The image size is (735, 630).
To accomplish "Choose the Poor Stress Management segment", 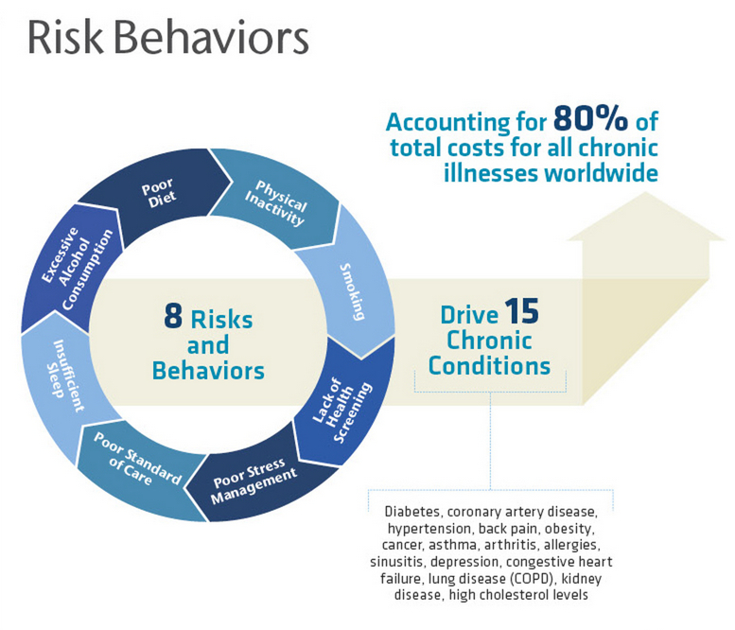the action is (255, 481).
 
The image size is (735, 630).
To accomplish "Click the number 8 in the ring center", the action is (173, 315).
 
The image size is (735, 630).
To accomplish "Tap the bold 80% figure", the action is (590, 118).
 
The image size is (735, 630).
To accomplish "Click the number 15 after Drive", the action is (522, 311).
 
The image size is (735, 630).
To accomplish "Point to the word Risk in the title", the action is (65, 38).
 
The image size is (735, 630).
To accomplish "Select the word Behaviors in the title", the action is (211, 38).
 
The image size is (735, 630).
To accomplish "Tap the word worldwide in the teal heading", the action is (601, 173).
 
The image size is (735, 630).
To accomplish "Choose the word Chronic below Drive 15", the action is (489, 341).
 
